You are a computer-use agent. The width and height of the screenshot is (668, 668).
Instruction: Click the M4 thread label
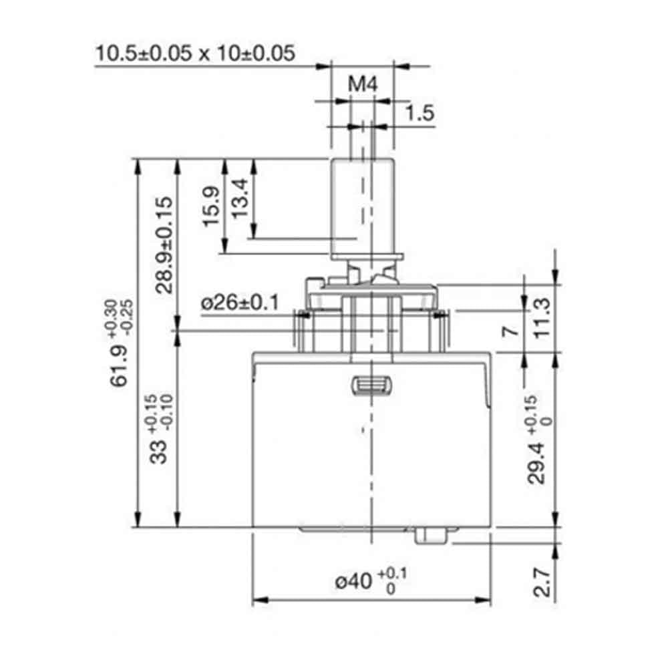pos(363,85)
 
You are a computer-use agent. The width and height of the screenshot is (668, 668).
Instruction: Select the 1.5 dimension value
pos(420,113)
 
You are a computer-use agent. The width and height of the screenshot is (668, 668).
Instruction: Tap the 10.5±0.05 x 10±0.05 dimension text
pos(195,53)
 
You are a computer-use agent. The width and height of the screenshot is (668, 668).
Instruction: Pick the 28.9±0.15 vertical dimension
pos(164,244)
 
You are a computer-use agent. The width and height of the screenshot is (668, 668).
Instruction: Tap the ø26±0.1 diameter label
pos(238,303)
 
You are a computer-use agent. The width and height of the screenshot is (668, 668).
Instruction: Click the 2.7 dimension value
pos(543,582)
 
